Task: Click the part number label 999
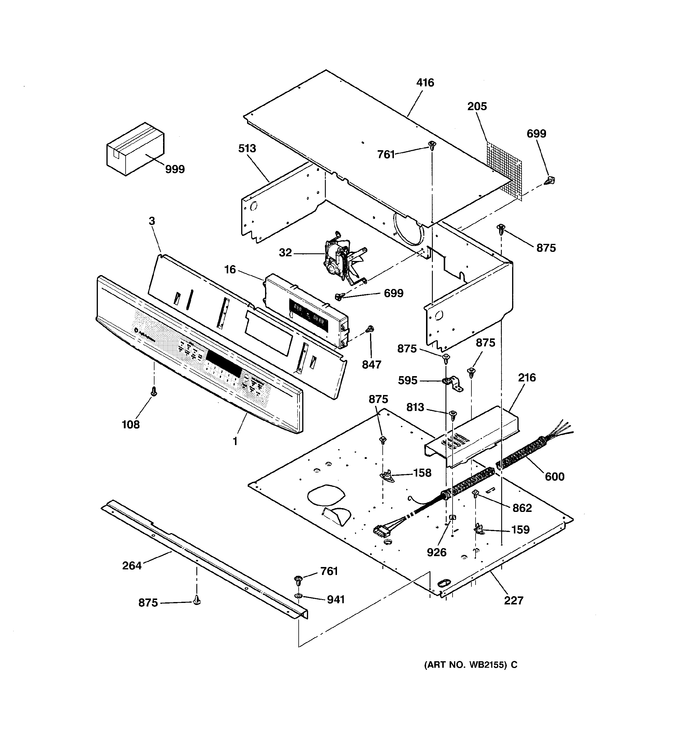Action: pyautogui.click(x=175, y=169)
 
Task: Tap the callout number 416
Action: pyautogui.click(x=425, y=82)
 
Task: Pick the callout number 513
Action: pyautogui.click(x=247, y=148)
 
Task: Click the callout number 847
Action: pyautogui.click(x=371, y=365)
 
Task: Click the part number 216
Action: pyautogui.click(x=527, y=377)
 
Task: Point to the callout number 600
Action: pyautogui.click(x=554, y=476)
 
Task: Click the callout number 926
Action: pyautogui.click(x=436, y=552)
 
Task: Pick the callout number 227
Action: pyautogui.click(x=513, y=600)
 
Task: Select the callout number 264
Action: pyautogui.click(x=132, y=566)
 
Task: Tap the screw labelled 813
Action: pyautogui.click(x=453, y=414)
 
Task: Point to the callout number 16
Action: pyautogui.click(x=230, y=270)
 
